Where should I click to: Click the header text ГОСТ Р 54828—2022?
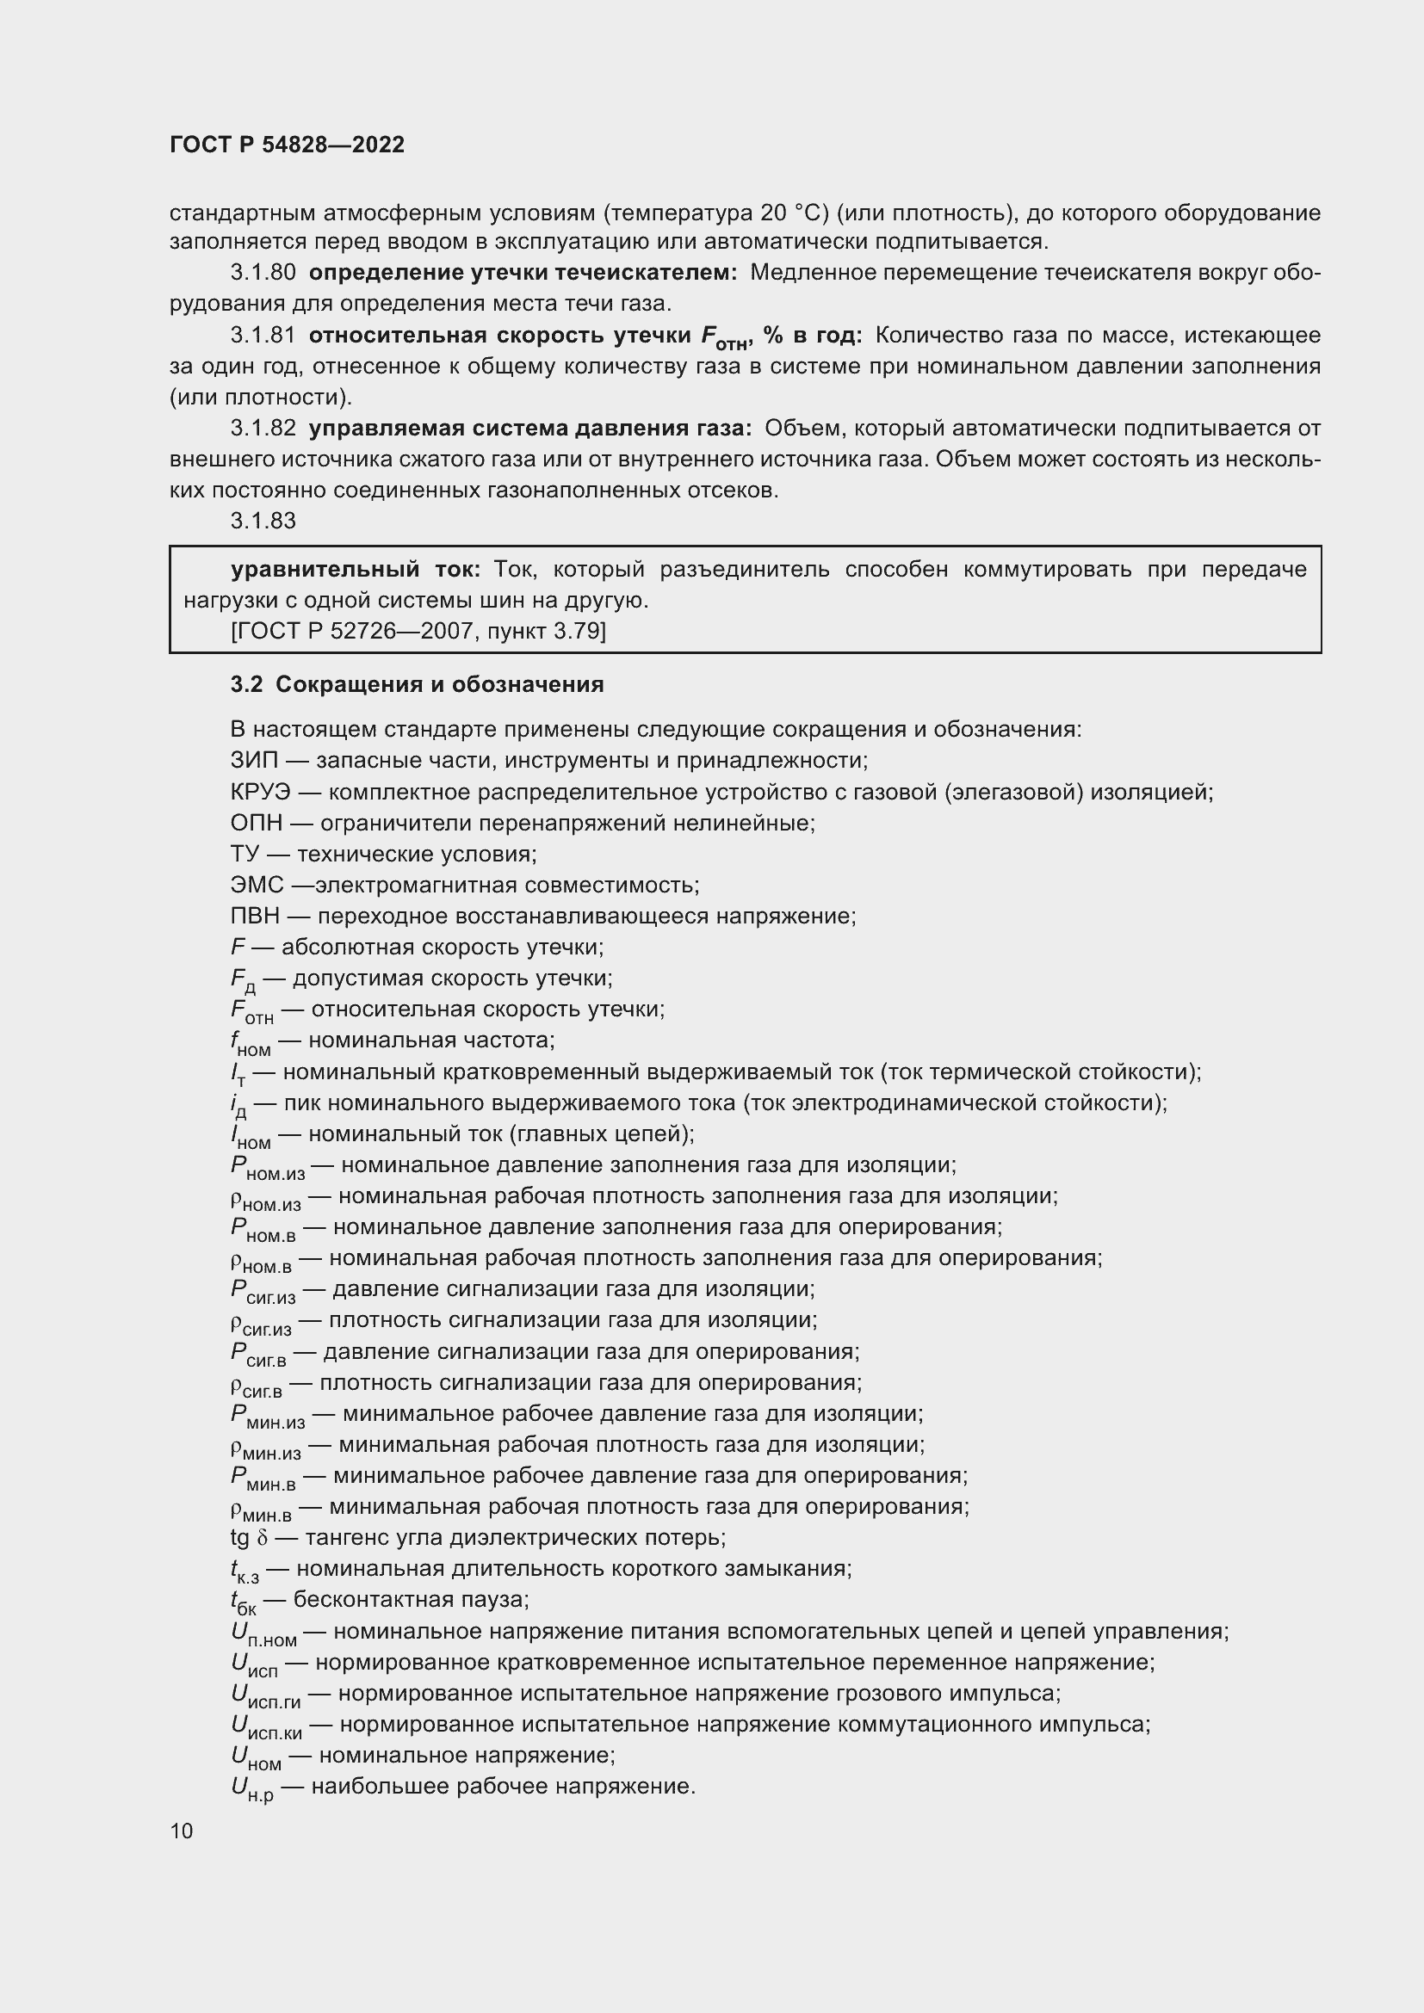(287, 145)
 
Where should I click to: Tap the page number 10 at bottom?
(182, 1831)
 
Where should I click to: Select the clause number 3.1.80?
(263, 273)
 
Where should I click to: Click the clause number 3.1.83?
(263, 521)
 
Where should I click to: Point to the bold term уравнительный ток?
(355, 569)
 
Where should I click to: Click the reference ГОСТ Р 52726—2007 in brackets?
(347, 631)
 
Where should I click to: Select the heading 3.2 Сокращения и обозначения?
(417, 684)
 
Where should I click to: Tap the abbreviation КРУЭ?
(259, 792)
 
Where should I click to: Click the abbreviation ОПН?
(256, 824)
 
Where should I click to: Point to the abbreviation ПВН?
(255, 917)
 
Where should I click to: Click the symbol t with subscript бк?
(243, 1602)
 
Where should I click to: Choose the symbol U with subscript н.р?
(251, 1788)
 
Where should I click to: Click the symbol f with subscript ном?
(250, 1042)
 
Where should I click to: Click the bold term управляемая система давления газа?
(529, 428)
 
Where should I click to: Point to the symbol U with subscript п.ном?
(263, 1633)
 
